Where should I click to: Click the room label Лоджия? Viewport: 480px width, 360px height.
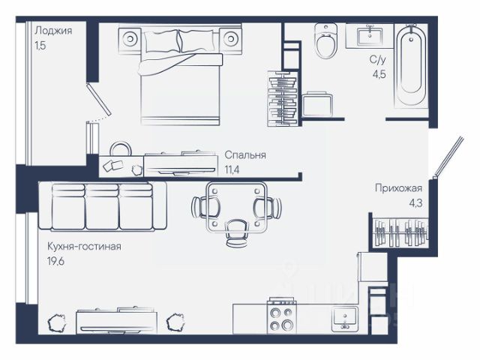[x=53, y=31]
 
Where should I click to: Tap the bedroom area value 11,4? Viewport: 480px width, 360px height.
[x=232, y=169]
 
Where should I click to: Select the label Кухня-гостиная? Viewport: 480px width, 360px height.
[x=84, y=247]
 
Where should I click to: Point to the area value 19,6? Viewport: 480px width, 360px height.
[x=55, y=262]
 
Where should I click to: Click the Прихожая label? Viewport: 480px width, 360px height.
[x=398, y=188]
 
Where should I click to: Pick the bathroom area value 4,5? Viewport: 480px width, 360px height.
[x=379, y=74]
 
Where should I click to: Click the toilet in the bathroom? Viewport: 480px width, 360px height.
[x=326, y=40]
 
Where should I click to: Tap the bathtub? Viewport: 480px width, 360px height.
[x=411, y=66]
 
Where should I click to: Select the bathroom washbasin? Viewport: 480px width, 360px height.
[x=370, y=35]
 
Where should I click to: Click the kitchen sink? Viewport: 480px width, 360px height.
[x=345, y=318]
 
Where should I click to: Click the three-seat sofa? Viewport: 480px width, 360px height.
[x=103, y=205]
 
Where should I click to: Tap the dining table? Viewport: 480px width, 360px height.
[x=236, y=208]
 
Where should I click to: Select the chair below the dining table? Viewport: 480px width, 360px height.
[x=236, y=233]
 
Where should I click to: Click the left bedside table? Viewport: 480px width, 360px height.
[x=130, y=39]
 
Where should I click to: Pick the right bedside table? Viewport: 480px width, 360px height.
[x=230, y=39]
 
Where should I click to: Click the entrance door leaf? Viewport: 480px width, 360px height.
[x=449, y=157]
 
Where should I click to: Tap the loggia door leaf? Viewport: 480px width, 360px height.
[x=99, y=99]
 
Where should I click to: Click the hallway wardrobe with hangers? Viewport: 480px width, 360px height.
[x=400, y=232]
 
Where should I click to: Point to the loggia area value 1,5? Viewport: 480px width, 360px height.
[x=40, y=46]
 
